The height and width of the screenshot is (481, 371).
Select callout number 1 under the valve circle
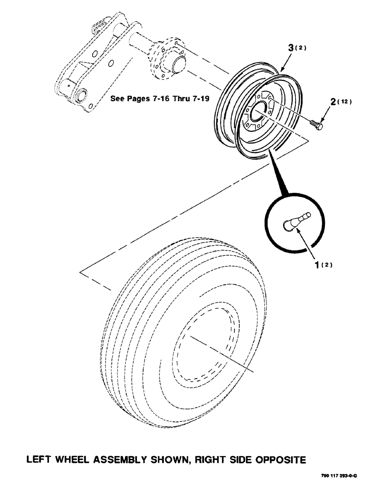point(318,264)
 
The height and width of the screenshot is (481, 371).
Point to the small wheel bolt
point(315,125)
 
